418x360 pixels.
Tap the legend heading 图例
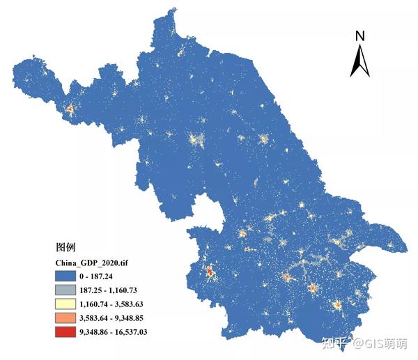tap(65, 247)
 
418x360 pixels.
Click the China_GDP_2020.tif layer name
tap(91, 262)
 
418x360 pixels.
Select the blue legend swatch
tap(70, 276)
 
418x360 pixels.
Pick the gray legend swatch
tap(70, 290)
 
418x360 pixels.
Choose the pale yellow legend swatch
tap(70, 304)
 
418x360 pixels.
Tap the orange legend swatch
tap(70, 318)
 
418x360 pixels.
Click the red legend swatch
tap(70, 331)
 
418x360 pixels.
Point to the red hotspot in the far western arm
tap(69, 109)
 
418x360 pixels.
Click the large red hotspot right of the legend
tap(210, 272)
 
